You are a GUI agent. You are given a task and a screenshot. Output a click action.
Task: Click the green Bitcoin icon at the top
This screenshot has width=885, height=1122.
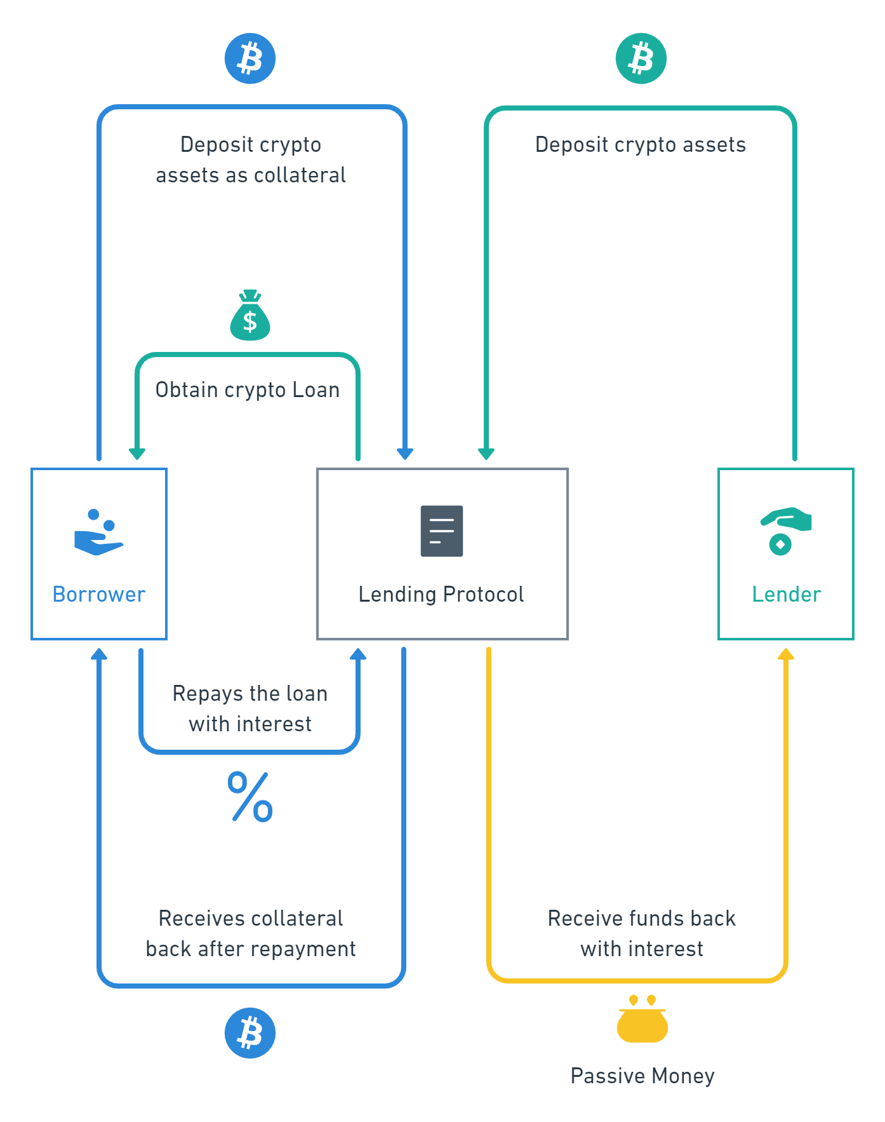tap(641, 58)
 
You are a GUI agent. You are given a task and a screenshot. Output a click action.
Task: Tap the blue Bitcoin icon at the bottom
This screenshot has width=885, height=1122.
tap(250, 1032)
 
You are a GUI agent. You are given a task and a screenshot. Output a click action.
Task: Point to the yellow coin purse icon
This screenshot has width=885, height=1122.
tap(642, 1020)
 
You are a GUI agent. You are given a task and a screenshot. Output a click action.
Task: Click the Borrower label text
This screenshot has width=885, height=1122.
tap(99, 595)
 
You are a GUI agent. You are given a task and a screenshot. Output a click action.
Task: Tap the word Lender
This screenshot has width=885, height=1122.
tap(786, 595)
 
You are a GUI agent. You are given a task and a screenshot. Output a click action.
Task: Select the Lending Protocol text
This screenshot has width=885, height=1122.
tap(441, 595)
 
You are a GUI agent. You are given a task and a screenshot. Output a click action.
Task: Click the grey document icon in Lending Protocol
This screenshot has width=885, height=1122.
tap(442, 531)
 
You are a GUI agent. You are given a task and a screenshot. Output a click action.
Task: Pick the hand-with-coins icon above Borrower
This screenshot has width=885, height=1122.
tap(98, 532)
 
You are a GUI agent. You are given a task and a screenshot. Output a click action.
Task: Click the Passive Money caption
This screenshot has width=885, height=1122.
tap(642, 1076)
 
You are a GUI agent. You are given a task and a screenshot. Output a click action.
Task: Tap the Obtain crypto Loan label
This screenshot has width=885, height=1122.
tap(248, 389)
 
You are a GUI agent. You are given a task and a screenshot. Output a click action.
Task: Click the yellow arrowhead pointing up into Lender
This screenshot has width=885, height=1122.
tap(786, 654)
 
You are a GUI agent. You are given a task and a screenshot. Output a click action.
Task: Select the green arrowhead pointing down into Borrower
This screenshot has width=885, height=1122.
tap(137, 453)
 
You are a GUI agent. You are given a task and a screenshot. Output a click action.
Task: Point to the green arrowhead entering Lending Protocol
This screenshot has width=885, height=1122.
tap(486, 453)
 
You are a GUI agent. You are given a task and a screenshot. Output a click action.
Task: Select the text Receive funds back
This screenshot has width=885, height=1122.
tap(641, 919)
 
